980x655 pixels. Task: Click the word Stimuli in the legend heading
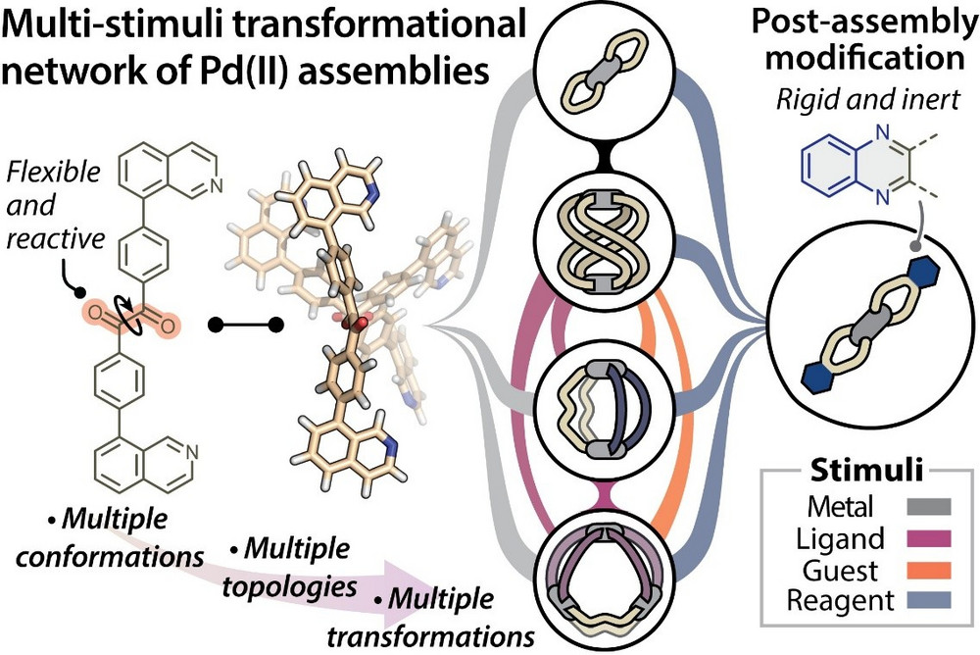pyautogui.click(x=866, y=470)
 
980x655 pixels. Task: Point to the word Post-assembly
pyautogui.click(x=864, y=23)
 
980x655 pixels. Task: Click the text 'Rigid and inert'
pyautogui.click(x=868, y=99)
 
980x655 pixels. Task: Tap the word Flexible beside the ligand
pyautogui.click(x=54, y=172)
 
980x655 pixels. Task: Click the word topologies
pyautogui.click(x=290, y=586)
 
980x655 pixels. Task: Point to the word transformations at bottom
pyautogui.click(x=430, y=636)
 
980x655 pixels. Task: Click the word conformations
pyautogui.click(x=110, y=556)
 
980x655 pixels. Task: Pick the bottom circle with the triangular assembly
pyautogui.click(x=605, y=578)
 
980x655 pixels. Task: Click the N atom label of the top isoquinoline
pyautogui.click(x=217, y=184)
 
